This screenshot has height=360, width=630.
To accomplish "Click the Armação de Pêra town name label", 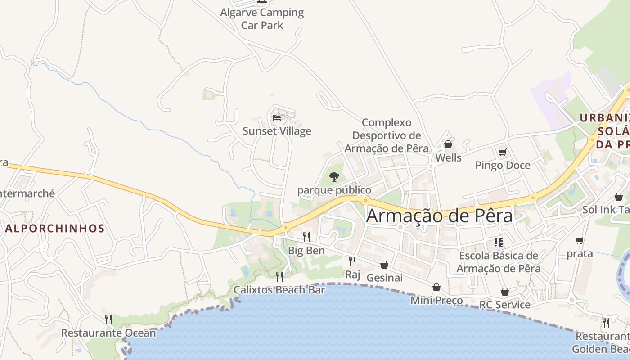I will tap(439, 216).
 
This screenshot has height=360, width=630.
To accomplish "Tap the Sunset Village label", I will tap(277, 131).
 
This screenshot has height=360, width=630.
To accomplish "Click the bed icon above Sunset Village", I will tap(277, 118).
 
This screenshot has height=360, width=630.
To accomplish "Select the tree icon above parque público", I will tap(334, 176).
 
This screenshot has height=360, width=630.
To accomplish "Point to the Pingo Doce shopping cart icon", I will tap(502, 152).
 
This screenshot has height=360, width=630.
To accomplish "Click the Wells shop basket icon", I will tap(448, 144).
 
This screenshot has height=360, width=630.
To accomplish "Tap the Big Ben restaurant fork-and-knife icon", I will tap(306, 237).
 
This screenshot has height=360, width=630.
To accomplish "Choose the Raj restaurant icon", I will tap(352, 261).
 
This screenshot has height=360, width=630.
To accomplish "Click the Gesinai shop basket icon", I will tap(384, 265).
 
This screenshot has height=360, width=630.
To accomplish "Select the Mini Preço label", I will tap(436, 301).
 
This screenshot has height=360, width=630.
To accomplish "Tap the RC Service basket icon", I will tap(505, 292).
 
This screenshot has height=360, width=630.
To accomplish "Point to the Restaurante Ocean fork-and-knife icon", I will tap(108, 319).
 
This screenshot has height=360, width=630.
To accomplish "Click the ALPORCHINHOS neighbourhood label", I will tap(55, 229).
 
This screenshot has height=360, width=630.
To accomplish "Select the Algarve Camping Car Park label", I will tap(262, 19).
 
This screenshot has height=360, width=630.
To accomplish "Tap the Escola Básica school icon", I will tap(498, 243).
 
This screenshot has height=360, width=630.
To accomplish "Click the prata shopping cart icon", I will tap(580, 241).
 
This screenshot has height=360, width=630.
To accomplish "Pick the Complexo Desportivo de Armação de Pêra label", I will tap(387, 135).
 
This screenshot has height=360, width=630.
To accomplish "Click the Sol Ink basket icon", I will tap(619, 197).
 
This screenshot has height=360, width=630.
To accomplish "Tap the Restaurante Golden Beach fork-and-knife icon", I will tap(606, 323).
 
